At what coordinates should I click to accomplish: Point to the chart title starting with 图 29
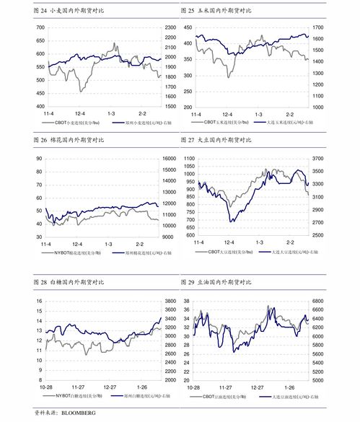[216, 281]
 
